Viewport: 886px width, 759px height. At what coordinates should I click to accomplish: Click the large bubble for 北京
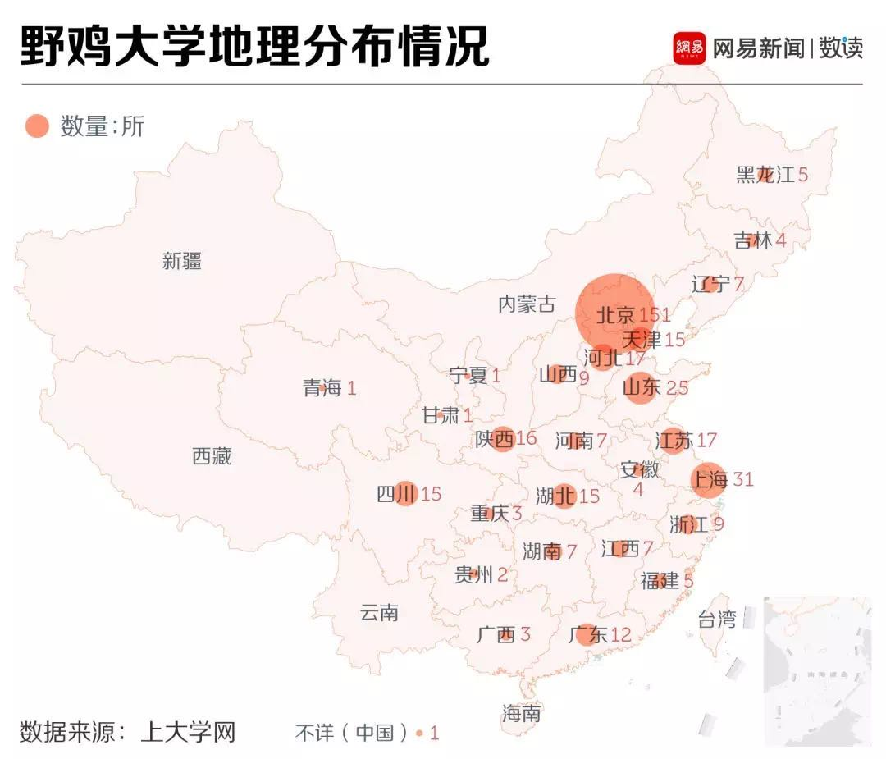point(614,313)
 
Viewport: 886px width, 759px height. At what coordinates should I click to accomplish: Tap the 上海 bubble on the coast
point(710,479)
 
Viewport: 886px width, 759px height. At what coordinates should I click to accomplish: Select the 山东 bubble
point(641,387)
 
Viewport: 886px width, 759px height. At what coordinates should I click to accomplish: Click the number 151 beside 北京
point(655,315)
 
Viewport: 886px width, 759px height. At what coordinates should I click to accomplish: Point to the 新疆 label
point(182,262)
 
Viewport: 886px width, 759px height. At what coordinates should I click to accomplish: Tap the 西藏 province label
point(212,456)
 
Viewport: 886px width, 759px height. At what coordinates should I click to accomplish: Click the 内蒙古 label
point(527,304)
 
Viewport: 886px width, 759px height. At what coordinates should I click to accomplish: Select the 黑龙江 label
point(765,175)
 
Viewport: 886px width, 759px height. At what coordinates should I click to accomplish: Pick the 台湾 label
point(716,620)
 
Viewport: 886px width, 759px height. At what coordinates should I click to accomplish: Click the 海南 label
point(522,714)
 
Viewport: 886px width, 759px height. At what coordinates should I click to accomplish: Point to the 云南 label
point(379,612)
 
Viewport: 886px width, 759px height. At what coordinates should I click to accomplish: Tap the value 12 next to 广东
point(621,634)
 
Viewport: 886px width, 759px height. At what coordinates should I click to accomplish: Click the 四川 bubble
point(406,493)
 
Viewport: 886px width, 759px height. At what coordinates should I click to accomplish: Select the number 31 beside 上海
point(742,479)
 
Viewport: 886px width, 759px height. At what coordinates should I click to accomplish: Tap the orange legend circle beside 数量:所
point(37,126)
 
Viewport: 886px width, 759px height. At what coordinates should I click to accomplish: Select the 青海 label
point(322,388)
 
